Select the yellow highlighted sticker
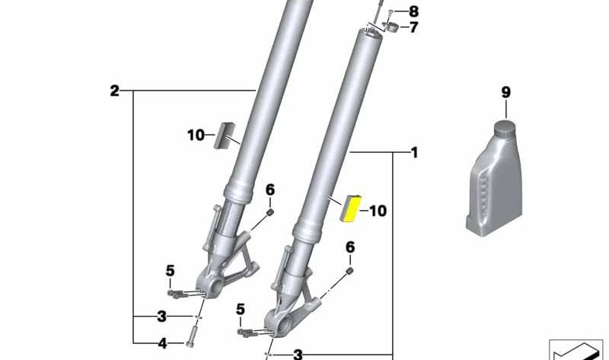pos(351,207)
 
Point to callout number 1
pos(414,153)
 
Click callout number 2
pos(114,91)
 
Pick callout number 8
pos(413,11)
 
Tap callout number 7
pos(413,28)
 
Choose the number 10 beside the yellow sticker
pos(378,211)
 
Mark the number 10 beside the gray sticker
pos(196,135)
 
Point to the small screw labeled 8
pos(391,11)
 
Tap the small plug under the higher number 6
pos(269,213)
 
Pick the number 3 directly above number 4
pos(161,316)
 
